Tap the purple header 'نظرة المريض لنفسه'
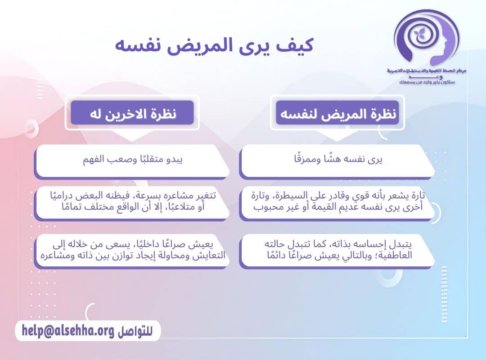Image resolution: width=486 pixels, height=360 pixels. (337, 114)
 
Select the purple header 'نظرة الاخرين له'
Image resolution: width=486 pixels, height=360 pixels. (132, 113)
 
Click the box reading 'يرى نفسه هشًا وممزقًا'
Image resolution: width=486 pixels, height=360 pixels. (337, 160)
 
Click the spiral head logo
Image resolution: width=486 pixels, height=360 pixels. (425, 38)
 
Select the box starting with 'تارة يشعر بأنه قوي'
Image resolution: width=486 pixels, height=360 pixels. (337, 202)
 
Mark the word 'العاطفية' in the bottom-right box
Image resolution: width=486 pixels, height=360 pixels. (394, 256)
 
